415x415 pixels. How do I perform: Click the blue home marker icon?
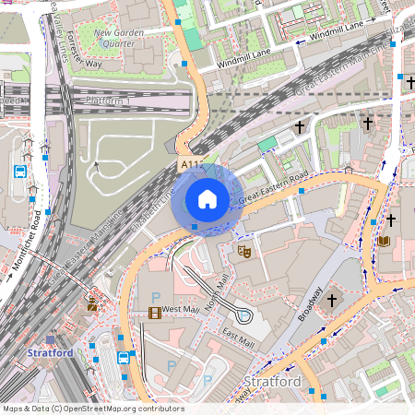tap(207, 199)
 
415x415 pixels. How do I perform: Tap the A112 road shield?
tap(191, 164)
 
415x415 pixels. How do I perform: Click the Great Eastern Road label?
tap(273, 187)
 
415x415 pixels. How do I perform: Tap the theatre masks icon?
tap(244, 250)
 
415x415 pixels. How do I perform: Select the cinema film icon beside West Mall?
tap(153, 312)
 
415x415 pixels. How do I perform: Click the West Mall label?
tap(182, 310)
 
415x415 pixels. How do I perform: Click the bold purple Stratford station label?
tap(50, 353)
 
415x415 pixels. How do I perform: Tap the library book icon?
tap(384, 242)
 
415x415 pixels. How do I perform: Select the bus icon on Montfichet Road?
tap(19, 172)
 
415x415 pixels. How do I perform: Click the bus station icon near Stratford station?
tap(123, 358)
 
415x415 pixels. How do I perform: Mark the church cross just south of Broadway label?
tap(332, 301)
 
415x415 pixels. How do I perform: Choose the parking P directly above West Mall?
tap(155, 295)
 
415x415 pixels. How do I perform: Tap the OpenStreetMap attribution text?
tap(80, 408)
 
